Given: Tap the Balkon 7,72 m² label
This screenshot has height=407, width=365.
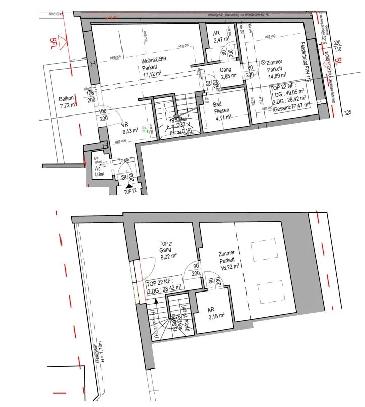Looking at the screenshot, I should (67, 102).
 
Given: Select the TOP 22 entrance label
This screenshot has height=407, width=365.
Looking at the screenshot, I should (131, 192).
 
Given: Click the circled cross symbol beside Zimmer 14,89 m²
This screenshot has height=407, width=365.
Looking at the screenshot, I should (262, 62).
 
